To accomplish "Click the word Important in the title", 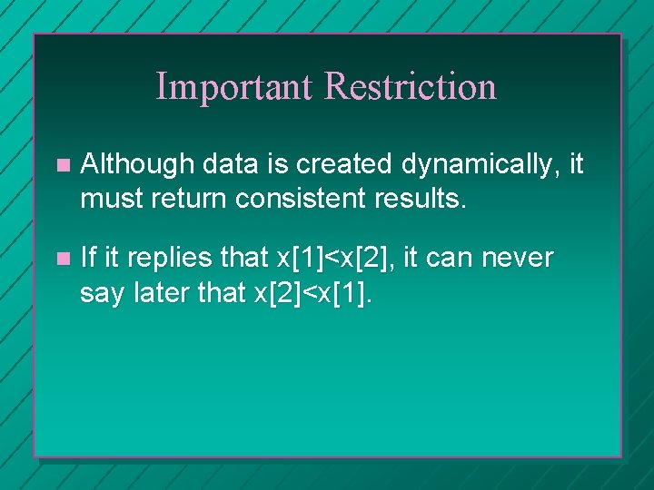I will [x=235, y=87].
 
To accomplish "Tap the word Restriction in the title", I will [x=411, y=87].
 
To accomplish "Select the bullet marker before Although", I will [x=61, y=166].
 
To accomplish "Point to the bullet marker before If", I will [x=61, y=260].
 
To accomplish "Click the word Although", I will [x=137, y=164].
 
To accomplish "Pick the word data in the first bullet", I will [x=224, y=164].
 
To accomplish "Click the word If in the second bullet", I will [x=87, y=258].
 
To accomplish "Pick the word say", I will [x=101, y=293].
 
